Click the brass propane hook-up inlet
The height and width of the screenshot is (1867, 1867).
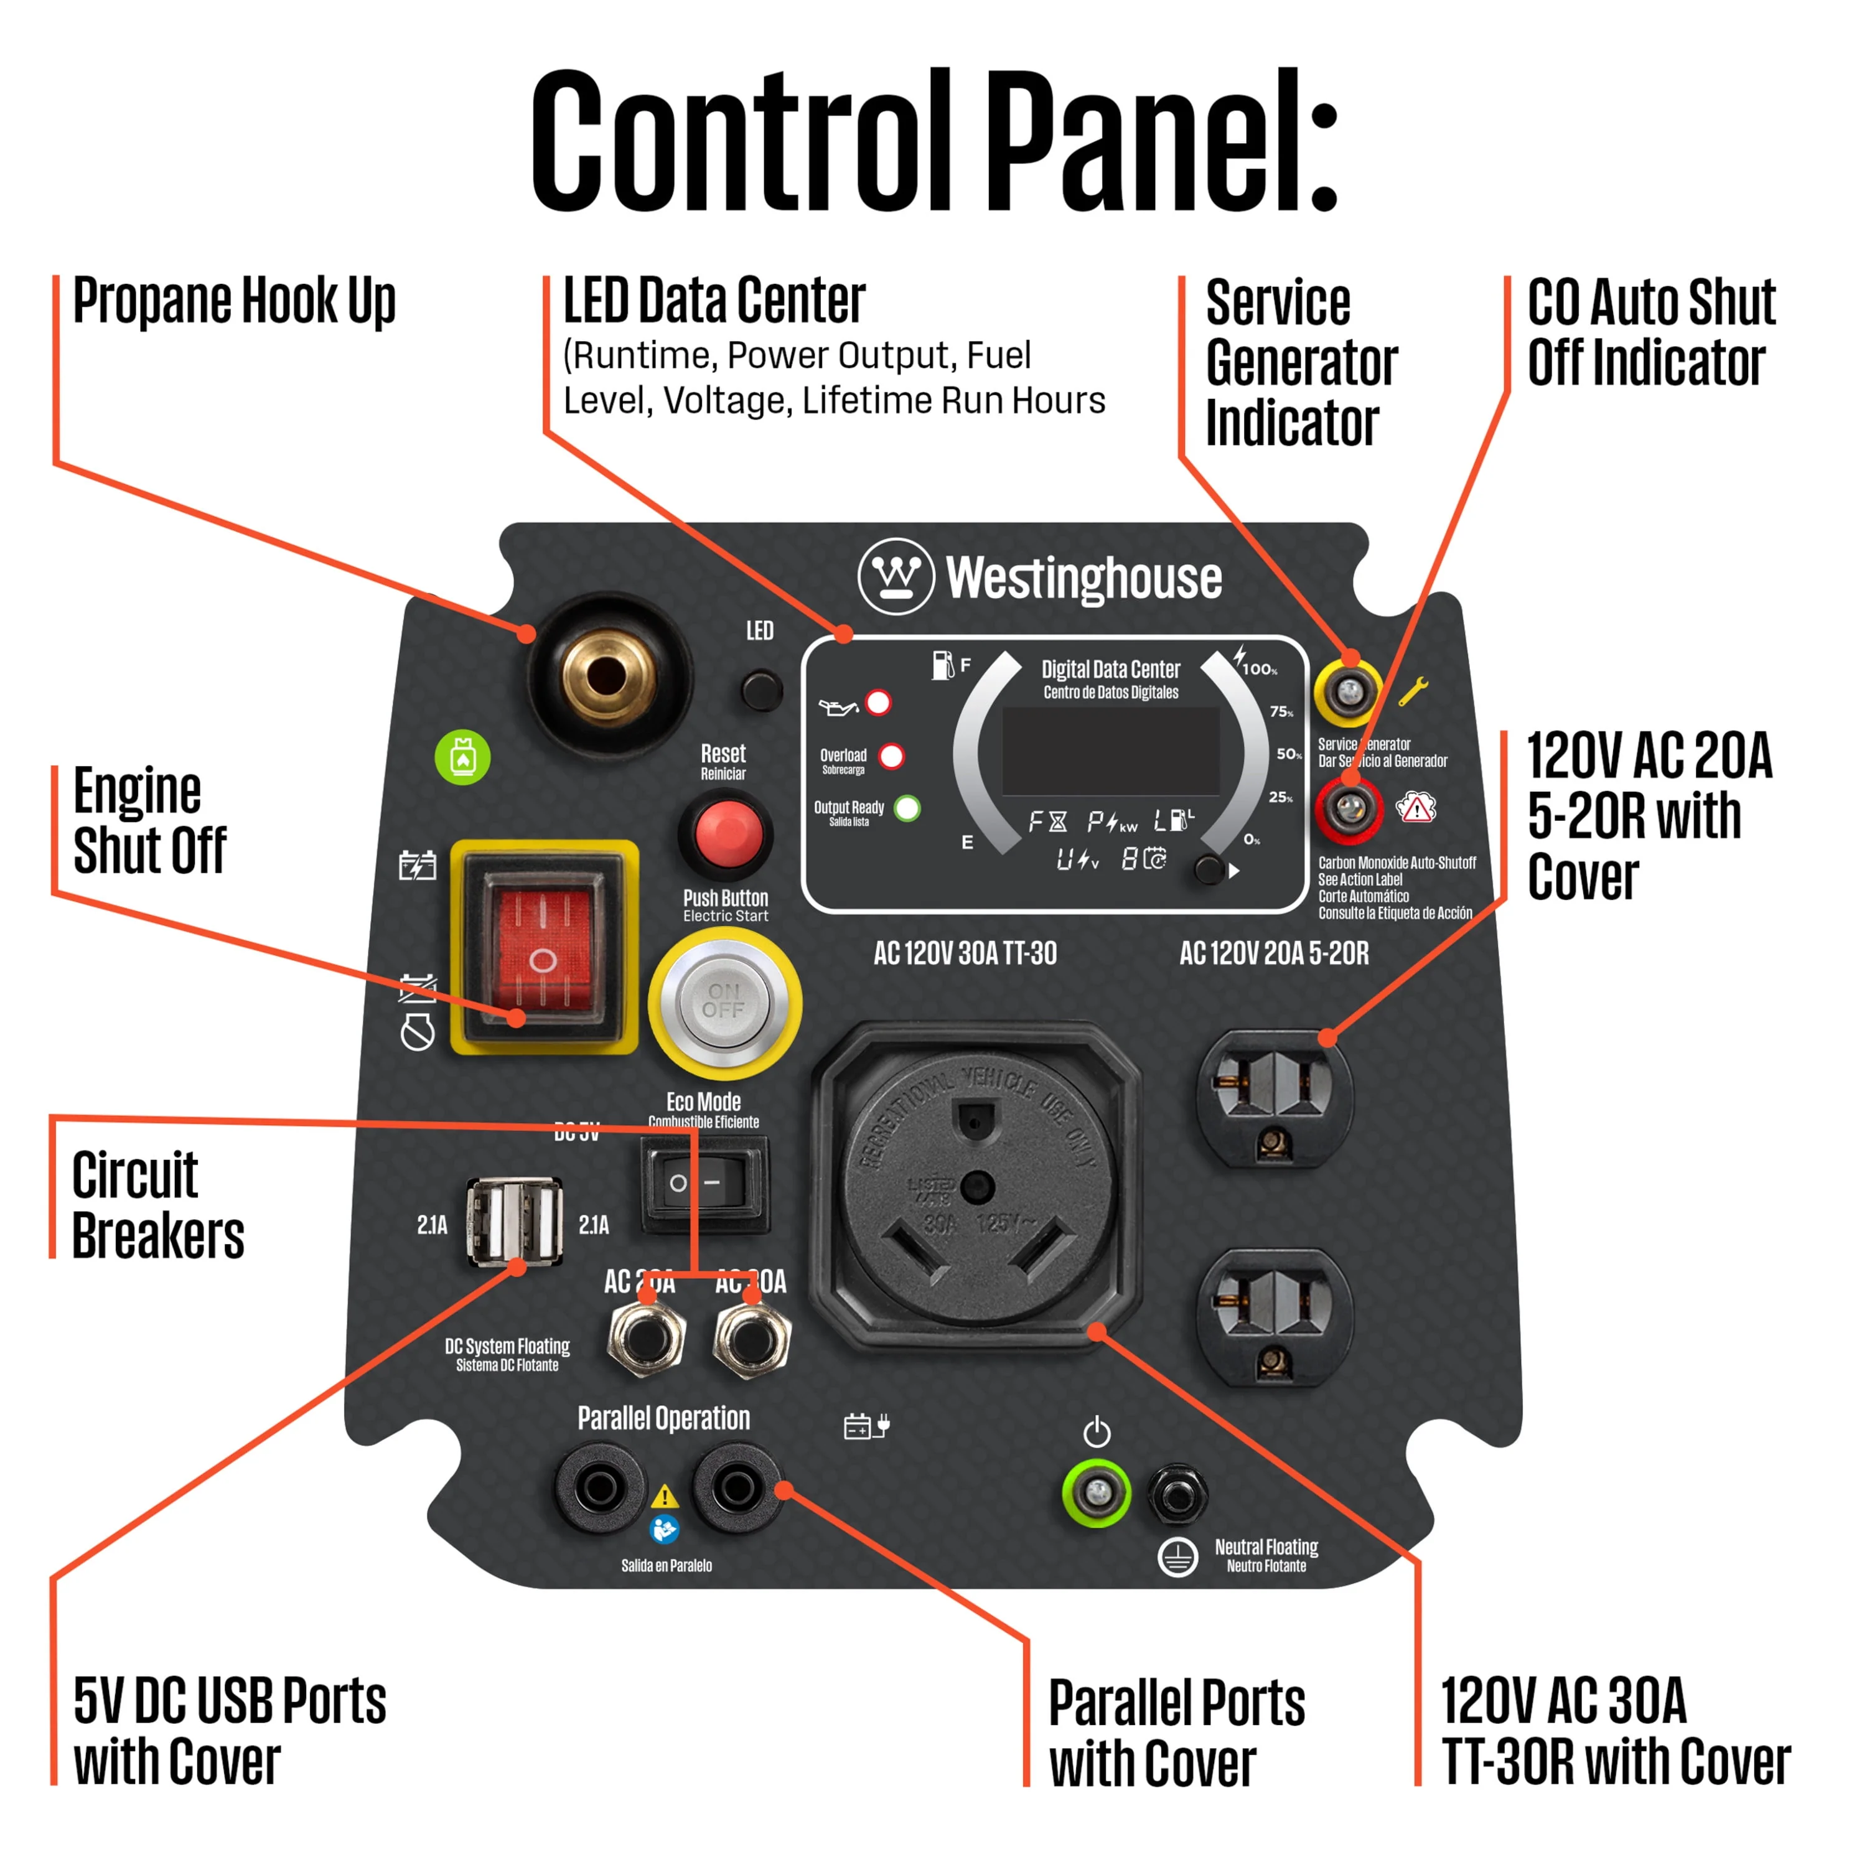coord(607,675)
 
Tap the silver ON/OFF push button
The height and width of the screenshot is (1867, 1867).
coord(724,1002)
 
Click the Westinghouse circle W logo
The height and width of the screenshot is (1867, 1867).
coord(896,576)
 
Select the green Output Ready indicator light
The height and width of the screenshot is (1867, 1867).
coord(907,808)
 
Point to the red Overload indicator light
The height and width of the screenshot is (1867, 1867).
coord(891,756)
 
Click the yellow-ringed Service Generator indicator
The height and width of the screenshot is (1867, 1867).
coord(1348,691)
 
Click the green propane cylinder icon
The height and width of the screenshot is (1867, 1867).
coord(463,757)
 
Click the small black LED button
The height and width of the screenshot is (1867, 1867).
coord(762,691)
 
